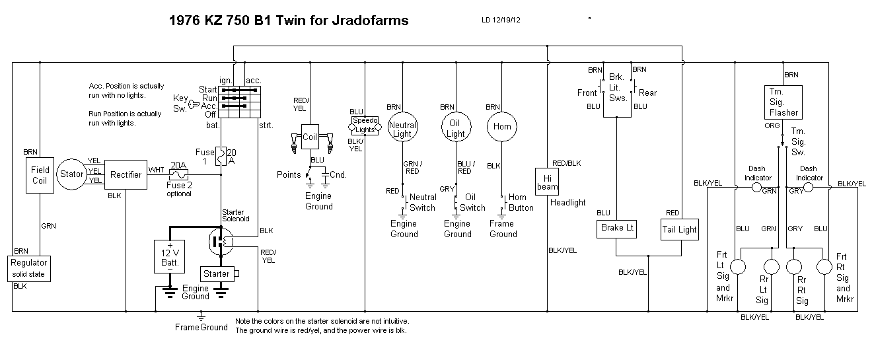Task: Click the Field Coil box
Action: [40, 175]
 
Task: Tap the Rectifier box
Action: [126, 175]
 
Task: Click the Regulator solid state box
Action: [28, 268]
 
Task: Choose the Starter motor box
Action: [217, 273]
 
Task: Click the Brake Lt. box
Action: [617, 229]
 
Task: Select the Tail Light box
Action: [679, 229]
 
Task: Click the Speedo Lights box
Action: [365, 126]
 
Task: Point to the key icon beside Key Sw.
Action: [194, 103]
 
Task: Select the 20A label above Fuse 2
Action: [178, 166]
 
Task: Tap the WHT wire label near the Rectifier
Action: [157, 170]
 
